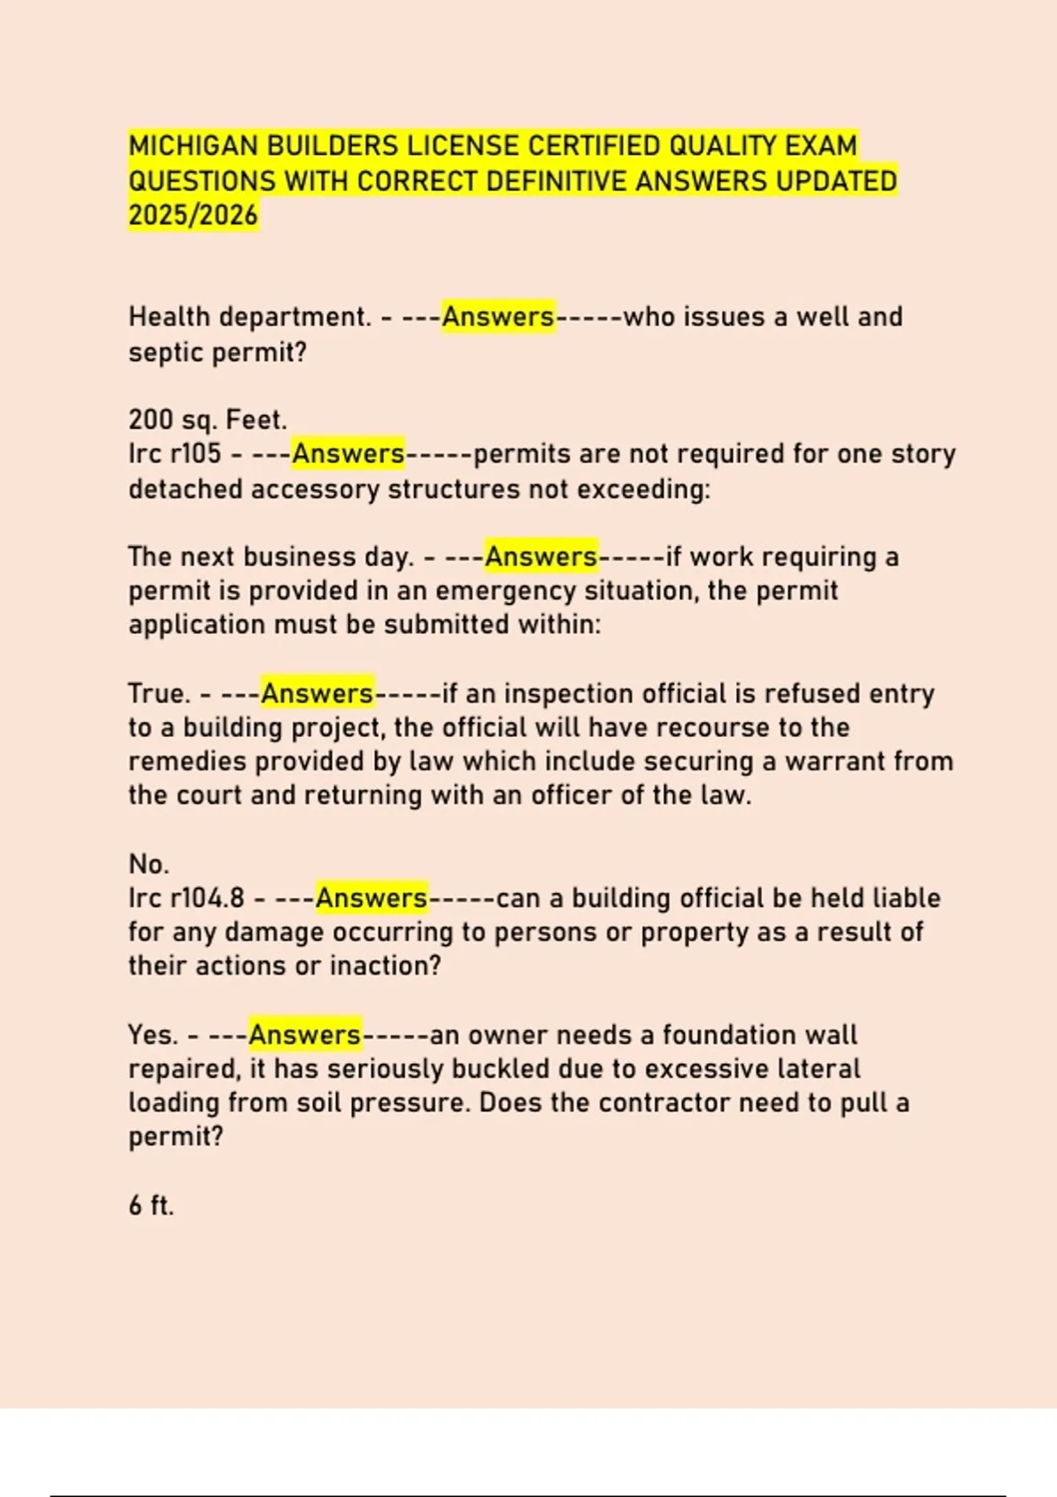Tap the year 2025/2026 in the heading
tap(193, 215)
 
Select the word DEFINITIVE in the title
tap(558, 181)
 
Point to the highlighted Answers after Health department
tap(498, 317)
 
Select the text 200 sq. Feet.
tap(208, 420)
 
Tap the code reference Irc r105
tap(174, 454)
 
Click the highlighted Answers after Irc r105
tap(348, 454)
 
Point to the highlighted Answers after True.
tap(317, 694)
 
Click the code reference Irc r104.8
tap(186, 898)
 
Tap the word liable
tap(906, 898)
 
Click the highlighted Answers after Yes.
tap(305, 1035)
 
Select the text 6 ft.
tap(152, 1206)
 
